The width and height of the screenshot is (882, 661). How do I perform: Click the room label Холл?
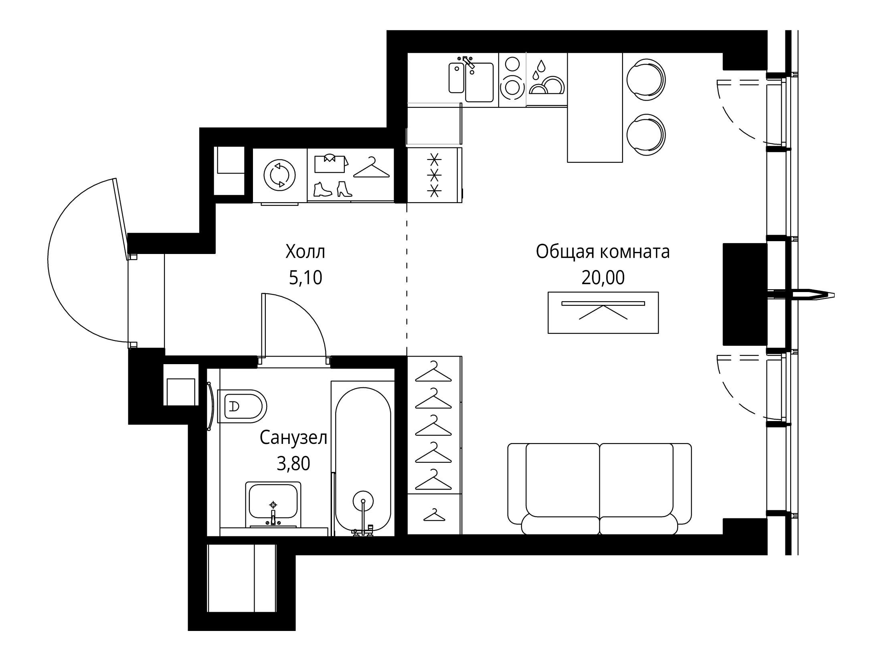point(305,252)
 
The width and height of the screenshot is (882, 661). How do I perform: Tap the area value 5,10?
point(305,278)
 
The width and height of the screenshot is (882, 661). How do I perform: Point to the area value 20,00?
point(603,278)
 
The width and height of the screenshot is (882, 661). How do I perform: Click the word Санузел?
point(293,438)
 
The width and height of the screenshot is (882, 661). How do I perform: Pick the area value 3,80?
point(293,464)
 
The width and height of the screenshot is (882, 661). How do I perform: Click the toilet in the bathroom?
point(242,406)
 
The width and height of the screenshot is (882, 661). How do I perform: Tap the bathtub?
point(363,459)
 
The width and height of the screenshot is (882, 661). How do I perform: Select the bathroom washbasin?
point(273,505)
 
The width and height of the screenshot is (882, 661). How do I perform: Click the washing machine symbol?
point(279,175)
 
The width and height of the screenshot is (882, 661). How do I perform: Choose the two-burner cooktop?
point(512,80)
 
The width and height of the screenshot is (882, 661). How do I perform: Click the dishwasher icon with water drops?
point(546,80)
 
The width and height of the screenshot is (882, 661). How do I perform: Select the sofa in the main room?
point(599,488)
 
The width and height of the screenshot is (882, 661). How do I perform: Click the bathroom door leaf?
point(264,325)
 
